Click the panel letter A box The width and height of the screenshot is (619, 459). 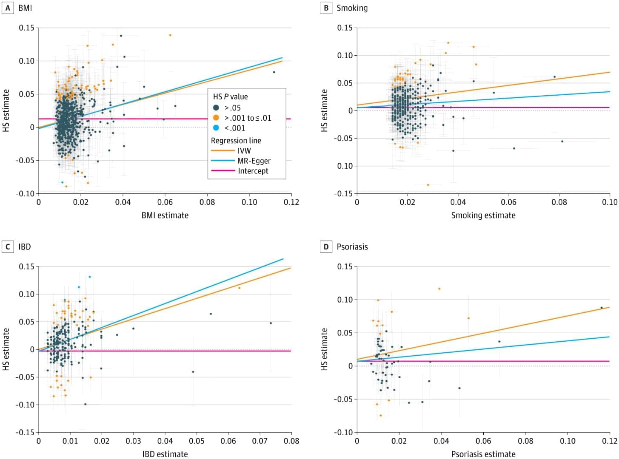[x=8, y=8]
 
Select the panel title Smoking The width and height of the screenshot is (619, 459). [x=352, y=8]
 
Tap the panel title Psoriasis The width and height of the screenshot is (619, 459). [x=352, y=246]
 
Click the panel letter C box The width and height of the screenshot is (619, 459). [x=8, y=246]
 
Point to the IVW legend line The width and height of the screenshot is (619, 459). [x=223, y=150]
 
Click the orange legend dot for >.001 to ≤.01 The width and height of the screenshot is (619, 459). [x=216, y=118]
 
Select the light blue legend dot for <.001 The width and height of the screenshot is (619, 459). [x=216, y=128]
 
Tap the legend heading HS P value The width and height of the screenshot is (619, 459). [x=230, y=96]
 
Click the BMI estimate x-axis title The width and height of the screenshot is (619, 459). [x=165, y=215]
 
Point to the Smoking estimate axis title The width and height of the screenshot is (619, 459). [x=483, y=215]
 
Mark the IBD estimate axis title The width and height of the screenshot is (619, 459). [x=165, y=454]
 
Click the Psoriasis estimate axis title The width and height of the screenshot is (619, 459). [x=483, y=454]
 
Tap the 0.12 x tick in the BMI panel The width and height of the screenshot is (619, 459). [x=291, y=202]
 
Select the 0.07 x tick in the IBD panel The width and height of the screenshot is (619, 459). [x=260, y=441]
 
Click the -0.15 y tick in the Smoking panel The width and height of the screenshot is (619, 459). [x=345, y=193]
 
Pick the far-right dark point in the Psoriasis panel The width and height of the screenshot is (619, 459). [x=602, y=308]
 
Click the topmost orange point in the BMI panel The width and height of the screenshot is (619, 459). [x=170, y=35]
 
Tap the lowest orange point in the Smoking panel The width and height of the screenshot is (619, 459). [x=428, y=185]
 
